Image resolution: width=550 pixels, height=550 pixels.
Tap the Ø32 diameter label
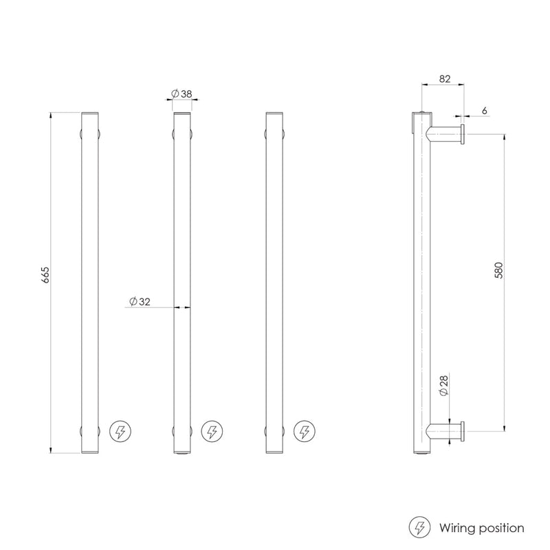click(140, 301)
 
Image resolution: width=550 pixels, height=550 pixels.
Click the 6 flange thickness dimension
click(485, 110)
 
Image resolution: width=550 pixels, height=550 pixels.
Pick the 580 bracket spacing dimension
click(500, 269)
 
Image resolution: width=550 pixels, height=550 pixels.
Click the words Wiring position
click(481, 528)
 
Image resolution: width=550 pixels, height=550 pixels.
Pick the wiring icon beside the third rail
click(303, 432)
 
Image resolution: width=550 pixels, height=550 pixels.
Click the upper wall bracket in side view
click(443, 132)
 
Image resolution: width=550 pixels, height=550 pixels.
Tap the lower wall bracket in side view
click(443, 430)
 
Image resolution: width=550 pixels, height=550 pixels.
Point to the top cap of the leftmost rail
click(91, 113)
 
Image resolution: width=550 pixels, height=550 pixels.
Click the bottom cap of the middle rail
click(181, 452)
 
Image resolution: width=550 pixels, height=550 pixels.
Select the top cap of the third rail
click(274, 113)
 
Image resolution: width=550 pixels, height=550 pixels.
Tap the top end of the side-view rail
click(420, 113)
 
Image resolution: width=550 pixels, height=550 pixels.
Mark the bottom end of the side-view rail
click(420, 452)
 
